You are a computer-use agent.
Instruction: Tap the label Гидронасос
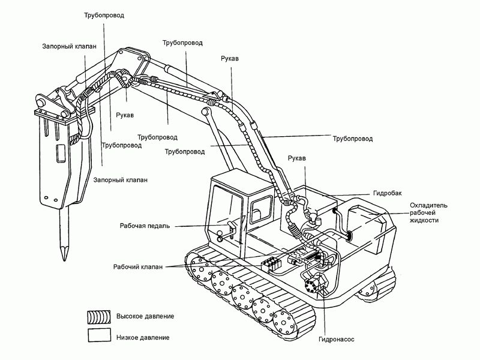[337, 339]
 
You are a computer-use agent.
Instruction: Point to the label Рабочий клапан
[137, 266]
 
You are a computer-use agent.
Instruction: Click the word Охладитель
[427, 205]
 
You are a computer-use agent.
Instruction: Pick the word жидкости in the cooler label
[424, 221]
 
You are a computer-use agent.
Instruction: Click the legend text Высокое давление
[145, 316]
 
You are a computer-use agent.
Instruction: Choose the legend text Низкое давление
[143, 337]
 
